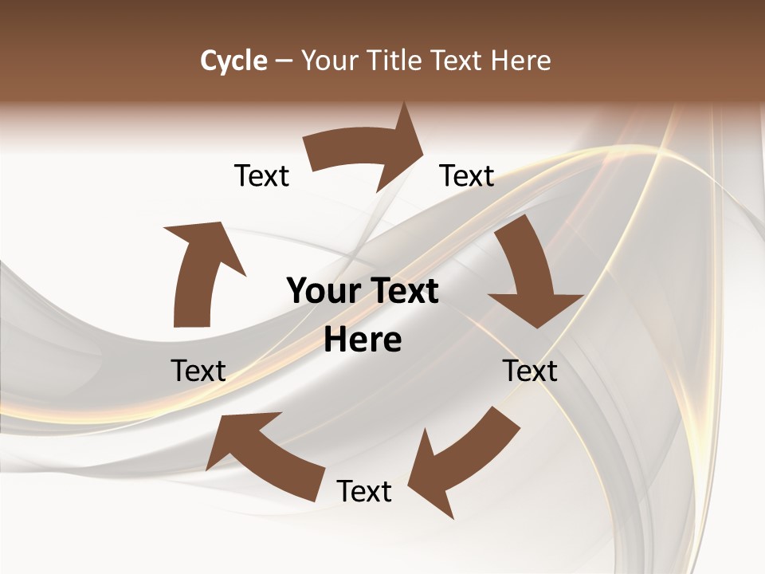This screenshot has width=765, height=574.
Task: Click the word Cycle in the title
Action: (233, 61)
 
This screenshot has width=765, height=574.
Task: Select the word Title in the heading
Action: (398, 61)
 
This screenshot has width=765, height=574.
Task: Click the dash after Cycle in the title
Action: (284, 61)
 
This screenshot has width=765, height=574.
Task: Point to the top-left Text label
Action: (261, 175)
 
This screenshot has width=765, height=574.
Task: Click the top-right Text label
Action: (467, 175)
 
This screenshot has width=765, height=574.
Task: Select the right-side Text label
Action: (530, 371)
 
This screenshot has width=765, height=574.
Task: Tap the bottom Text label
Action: (364, 491)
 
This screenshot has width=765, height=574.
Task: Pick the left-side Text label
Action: (198, 371)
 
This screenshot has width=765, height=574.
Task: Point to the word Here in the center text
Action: (363, 340)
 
